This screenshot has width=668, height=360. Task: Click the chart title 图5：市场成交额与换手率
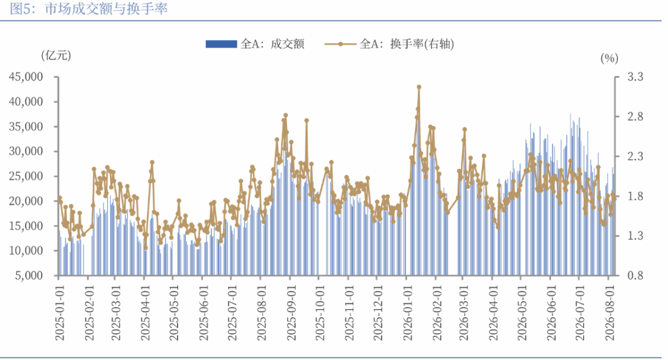click(x=88, y=9)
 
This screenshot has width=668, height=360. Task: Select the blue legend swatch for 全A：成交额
click(x=221, y=44)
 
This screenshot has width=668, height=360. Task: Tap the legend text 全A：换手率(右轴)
click(x=407, y=44)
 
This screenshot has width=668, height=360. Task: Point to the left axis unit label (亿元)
click(x=56, y=56)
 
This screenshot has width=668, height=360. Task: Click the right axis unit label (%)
click(x=609, y=58)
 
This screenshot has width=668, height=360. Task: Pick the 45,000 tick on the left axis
click(x=26, y=77)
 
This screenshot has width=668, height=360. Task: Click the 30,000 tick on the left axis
click(x=26, y=152)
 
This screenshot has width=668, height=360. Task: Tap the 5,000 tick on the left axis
click(x=30, y=276)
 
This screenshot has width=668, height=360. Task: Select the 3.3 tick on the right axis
click(x=635, y=77)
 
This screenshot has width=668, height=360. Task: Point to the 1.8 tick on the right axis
click(x=635, y=197)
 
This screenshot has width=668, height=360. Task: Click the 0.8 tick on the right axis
click(x=635, y=276)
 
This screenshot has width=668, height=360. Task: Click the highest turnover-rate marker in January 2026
click(x=419, y=87)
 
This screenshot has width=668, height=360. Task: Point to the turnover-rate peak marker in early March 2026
click(x=465, y=129)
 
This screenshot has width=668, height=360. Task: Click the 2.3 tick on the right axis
click(x=635, y=156)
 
